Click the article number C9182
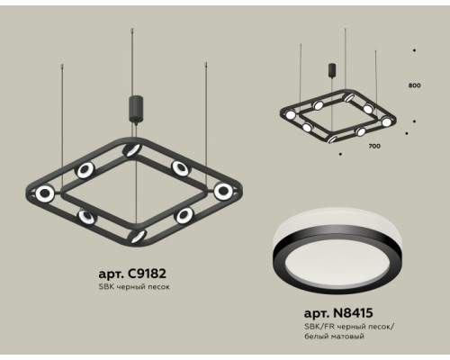pyautogui.click(x=147, y=274)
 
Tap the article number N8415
pyautogui.click(x=353, y=313)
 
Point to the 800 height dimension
pyautogui.click(x=414, y=85)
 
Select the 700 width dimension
pyautogui.click(x=374, y=146)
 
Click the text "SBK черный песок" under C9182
pyautogui.click(x=134, y=287)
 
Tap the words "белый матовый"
pyautogui.click(x=334, y=336)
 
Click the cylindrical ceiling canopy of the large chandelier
pyautogui.click(x=136, y=109)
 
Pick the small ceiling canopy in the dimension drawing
pyautogui.click(x=332, y=70)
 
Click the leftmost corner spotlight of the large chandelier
pyautogui.click(x=45, y=193)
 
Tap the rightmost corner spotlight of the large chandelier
pyautogui.click(x=223, y=191)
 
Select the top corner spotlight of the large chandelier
pyautogui.click(x=132, y=149)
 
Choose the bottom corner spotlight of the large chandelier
pyautogui.click(x=137, y=236)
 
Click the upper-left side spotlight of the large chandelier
pyautogui.click(x=85, y=170)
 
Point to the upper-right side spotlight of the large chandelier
pyautogui.click(x=181, y=168)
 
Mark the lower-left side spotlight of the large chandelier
pyautogui.click(x=87, y=217)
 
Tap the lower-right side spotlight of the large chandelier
pyautogui.click(x=184, y=215)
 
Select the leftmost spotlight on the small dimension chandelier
pyautogui.click(x=291, y=115)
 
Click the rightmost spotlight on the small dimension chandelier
pyautogui.click(x=386, y=121)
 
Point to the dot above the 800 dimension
pyautogui.click(x=414, y=50)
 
